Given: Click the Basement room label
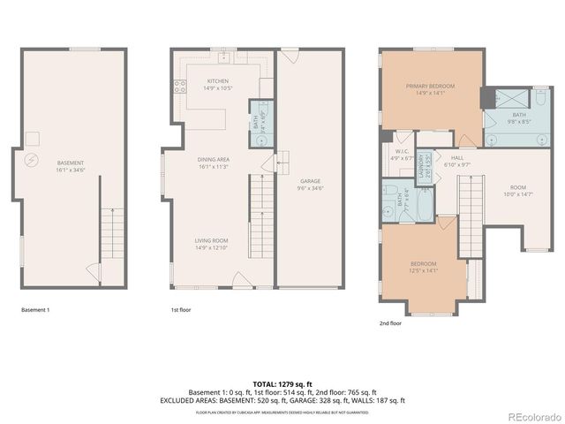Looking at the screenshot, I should click(x=71, y=163).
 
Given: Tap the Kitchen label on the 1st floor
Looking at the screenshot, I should click(x=218, y=81).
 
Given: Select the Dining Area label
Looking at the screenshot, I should click(x=213, y=160).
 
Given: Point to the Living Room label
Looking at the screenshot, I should click(x=212, y=240).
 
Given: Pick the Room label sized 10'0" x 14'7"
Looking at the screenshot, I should click(x=516, y=188).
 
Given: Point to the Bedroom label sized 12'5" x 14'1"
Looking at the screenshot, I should click(x=422, y=264).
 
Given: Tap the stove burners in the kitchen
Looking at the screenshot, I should click(x=180, y=87).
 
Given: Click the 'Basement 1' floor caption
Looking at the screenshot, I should click(x=35, y=310).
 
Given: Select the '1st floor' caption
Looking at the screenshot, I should click(x=180, y=310).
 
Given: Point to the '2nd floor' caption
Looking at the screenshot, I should click(x=390, y=323).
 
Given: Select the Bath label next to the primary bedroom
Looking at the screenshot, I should click(x=517, y=114).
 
